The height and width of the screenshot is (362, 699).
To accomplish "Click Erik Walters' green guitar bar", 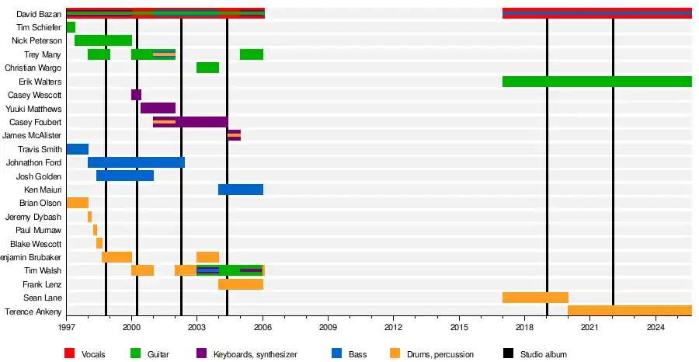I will (x=596, y=82).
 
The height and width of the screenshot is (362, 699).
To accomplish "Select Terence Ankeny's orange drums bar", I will (x=629, y=311).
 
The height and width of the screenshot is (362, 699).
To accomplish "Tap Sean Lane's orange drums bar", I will (x=535, y=298).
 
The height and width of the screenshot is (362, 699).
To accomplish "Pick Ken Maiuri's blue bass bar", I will (x=241, y=190).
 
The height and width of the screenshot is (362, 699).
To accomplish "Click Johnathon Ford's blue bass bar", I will (x=136, y=162).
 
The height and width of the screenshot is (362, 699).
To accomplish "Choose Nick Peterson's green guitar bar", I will (x=103, y=40).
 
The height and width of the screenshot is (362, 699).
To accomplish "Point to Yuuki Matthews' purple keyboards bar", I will (x=158, y=108).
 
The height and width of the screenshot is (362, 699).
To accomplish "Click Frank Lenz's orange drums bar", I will (x=241, y=284).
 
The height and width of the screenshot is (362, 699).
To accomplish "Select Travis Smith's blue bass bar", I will (x=77, y=149).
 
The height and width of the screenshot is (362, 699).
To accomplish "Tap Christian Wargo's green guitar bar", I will (x=207, y=68).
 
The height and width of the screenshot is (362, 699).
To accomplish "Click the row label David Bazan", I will (x=39, y=14).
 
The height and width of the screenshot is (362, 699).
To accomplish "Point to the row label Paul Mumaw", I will (x=38, y=231).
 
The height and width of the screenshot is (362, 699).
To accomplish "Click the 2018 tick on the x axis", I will (x=524, y=317).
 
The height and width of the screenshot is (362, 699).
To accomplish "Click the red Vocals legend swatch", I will (x=69, y=354).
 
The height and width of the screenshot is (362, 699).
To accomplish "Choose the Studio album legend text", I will (x=543, y=354).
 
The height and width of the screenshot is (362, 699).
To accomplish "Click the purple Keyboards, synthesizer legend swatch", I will (x=200, y=354).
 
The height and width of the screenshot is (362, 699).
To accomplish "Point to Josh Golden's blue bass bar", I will (x=125, y=176).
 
